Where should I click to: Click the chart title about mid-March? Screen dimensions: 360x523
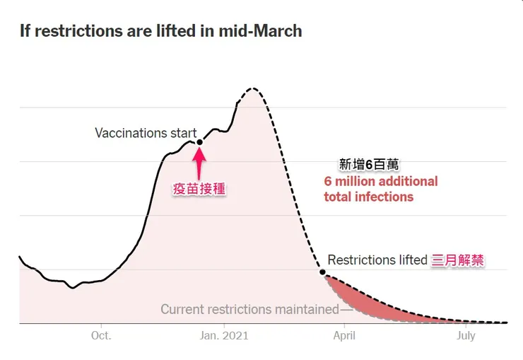pyautogui.click(x=160, y=31)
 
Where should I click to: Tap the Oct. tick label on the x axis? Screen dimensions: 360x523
pyautogui.click(x=101, y=335)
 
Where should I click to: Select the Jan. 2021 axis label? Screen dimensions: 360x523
pyautogui.click(x=224, y=335)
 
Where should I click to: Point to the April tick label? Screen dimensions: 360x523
pyautogui.click(x=344, y=335)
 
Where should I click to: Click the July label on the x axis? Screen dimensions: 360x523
pyautogui.click(x=466, y=335)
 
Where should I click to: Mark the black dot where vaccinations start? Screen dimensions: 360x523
pyautogui.click(x=199, y=142)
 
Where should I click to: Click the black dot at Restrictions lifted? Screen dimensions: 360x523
pyautogui.click(x=323, y=272)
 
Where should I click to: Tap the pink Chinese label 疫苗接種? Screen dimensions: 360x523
pyautogui.click(x=199, y=189)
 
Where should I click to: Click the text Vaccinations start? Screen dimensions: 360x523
pyautogui.click(x=146, y=133)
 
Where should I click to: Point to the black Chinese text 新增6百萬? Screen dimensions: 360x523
pyautogui.click(x=369, y=165)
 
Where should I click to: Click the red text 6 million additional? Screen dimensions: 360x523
pyautogui.click(x=381, y=181)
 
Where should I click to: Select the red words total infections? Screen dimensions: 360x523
pyautogui.click(x=368, y=197)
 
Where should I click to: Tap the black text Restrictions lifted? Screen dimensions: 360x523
pyautogui.click(x=377, y=260)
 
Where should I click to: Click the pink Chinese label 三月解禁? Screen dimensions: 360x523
pyautogui.click(x=458, y=260)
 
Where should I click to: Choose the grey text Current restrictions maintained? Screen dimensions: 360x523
pyautogui.click(x=249, y=309)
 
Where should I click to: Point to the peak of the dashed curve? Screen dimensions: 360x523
pyautogui.click(x=252, y=88)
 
